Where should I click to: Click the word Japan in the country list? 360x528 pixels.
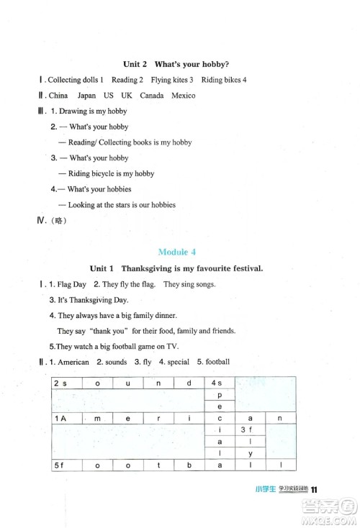click(87, 96)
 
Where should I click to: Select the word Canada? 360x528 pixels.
click(151, 96)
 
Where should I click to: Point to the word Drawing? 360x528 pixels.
click(71, 111)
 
